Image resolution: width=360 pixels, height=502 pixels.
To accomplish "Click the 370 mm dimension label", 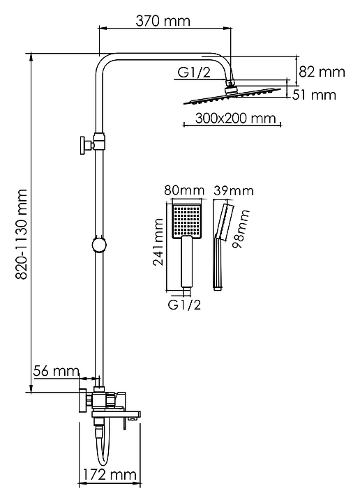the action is click(x=163, y=21).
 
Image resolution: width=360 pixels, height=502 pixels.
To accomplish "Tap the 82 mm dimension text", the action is click(x=322, y=72).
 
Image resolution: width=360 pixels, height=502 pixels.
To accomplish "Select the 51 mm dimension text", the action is click(x=314, y=95).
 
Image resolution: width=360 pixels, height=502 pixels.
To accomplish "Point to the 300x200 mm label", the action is click(x=235, y=118).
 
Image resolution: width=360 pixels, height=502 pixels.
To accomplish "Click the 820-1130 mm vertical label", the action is click(x=22, y=234).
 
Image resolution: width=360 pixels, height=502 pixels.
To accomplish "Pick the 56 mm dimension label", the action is click(x=56, y=371).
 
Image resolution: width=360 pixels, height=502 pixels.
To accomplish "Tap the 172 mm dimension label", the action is click(x=110, y=475).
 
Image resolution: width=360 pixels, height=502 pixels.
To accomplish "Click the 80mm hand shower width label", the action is click(x=184, y=190).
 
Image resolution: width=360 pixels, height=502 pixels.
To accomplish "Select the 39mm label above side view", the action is click(x=234, y=191).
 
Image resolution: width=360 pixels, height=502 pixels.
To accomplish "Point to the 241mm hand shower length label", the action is click(x=158, y=242).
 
